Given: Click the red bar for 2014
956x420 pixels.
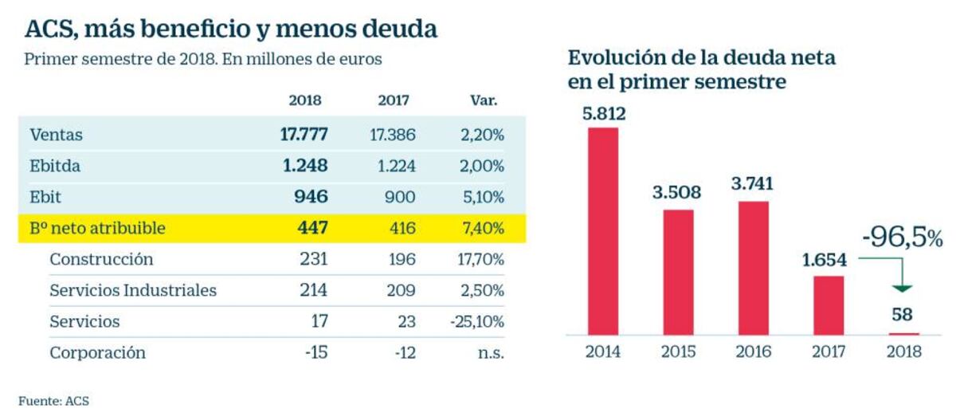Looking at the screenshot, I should click(x=603, y=230).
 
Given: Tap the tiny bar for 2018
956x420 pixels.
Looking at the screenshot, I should click(x=903, y=333).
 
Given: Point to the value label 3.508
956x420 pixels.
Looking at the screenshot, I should click(x=678, y=191).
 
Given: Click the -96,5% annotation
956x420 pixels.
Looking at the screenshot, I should click(x=901, y=237).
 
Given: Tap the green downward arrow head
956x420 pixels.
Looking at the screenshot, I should click(x=903, y=288).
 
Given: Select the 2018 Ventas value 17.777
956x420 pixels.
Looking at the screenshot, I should click(x=304, y=135).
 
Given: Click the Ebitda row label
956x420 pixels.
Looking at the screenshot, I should click(x=55, y=167).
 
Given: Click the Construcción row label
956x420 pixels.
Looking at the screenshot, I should click(x=101, y=259).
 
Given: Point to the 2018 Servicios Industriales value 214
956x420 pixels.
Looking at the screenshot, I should click(x=314, y=290).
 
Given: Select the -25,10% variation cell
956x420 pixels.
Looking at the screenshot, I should click(x=476, y=321).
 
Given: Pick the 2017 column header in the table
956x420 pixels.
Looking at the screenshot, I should click(x=393, y=101).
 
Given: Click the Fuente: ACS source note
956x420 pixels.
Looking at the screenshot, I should click(x=54, y=402).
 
